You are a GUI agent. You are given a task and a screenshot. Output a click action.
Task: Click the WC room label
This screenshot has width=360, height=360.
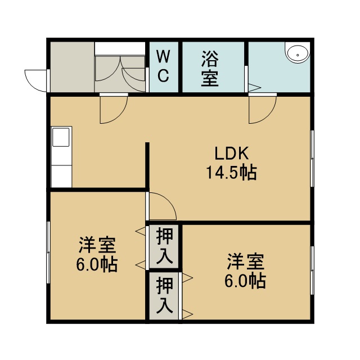coord(164,66)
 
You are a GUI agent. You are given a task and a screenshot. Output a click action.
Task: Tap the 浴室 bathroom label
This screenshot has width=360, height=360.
coord(210,69)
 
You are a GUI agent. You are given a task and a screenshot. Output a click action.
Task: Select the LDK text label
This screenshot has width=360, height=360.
coord(231,154)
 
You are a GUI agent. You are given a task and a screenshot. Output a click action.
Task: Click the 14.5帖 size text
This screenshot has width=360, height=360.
coord(231,173)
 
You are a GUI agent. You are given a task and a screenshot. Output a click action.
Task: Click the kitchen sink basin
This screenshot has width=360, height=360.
coord(61,137)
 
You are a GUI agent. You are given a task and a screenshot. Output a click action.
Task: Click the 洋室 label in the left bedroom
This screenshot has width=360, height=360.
coord(97,245)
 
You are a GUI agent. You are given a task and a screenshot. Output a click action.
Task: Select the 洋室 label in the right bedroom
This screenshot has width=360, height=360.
coord(245,262)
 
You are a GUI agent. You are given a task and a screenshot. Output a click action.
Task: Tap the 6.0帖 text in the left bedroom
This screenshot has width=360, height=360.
coord(97,264)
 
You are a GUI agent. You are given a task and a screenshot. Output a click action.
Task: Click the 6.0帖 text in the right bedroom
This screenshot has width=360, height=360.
coord(245,281)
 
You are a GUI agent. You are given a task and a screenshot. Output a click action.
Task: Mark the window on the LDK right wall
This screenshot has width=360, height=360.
coord(312,159)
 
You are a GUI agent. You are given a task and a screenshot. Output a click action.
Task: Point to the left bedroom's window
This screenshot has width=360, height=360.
coord(48,253)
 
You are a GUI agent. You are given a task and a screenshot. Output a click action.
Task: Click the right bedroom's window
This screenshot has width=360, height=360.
coord(312,271)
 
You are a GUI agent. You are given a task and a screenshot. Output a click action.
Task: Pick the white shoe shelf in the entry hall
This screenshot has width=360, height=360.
coord(120,48)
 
